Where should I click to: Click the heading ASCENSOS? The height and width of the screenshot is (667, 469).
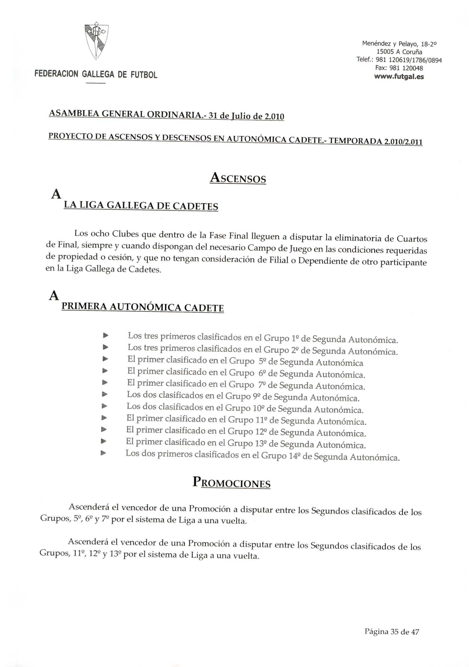pos(237,178)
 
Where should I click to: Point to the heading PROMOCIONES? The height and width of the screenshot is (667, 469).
pos(232,483)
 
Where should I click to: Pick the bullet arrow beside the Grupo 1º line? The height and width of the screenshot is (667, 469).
pos(106,336)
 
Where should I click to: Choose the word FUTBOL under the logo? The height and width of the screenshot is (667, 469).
pos(144,75)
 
